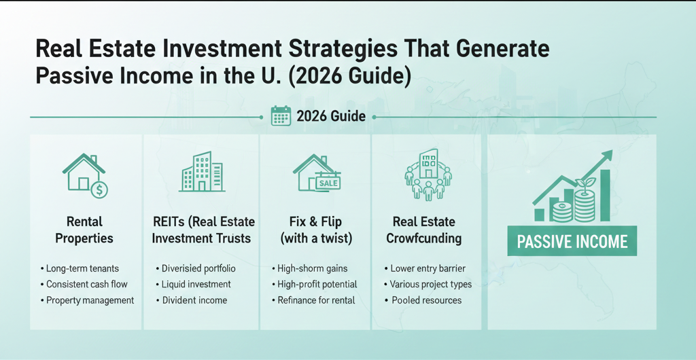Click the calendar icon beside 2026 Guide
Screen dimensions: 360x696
(x=281, y=116)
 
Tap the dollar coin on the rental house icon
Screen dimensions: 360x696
(x=99, y=190)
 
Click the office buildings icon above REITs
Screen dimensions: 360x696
(x=202, y=172)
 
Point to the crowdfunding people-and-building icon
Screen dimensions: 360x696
(x=428, y=175)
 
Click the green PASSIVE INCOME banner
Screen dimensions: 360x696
(x=572, y=242)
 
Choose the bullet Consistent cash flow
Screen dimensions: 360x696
(x=86, y=284)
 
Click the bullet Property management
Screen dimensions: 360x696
(x=90, y=300)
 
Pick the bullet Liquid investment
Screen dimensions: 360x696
(x=196, y=284)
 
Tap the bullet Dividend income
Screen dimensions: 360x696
(x=194, y=300)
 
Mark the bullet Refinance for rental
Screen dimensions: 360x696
(x=316, y=300)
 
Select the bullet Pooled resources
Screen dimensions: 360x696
(x=425, y=300)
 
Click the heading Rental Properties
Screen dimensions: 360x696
(x=84, y=230)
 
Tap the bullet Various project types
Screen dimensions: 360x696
(x=431, y=284)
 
